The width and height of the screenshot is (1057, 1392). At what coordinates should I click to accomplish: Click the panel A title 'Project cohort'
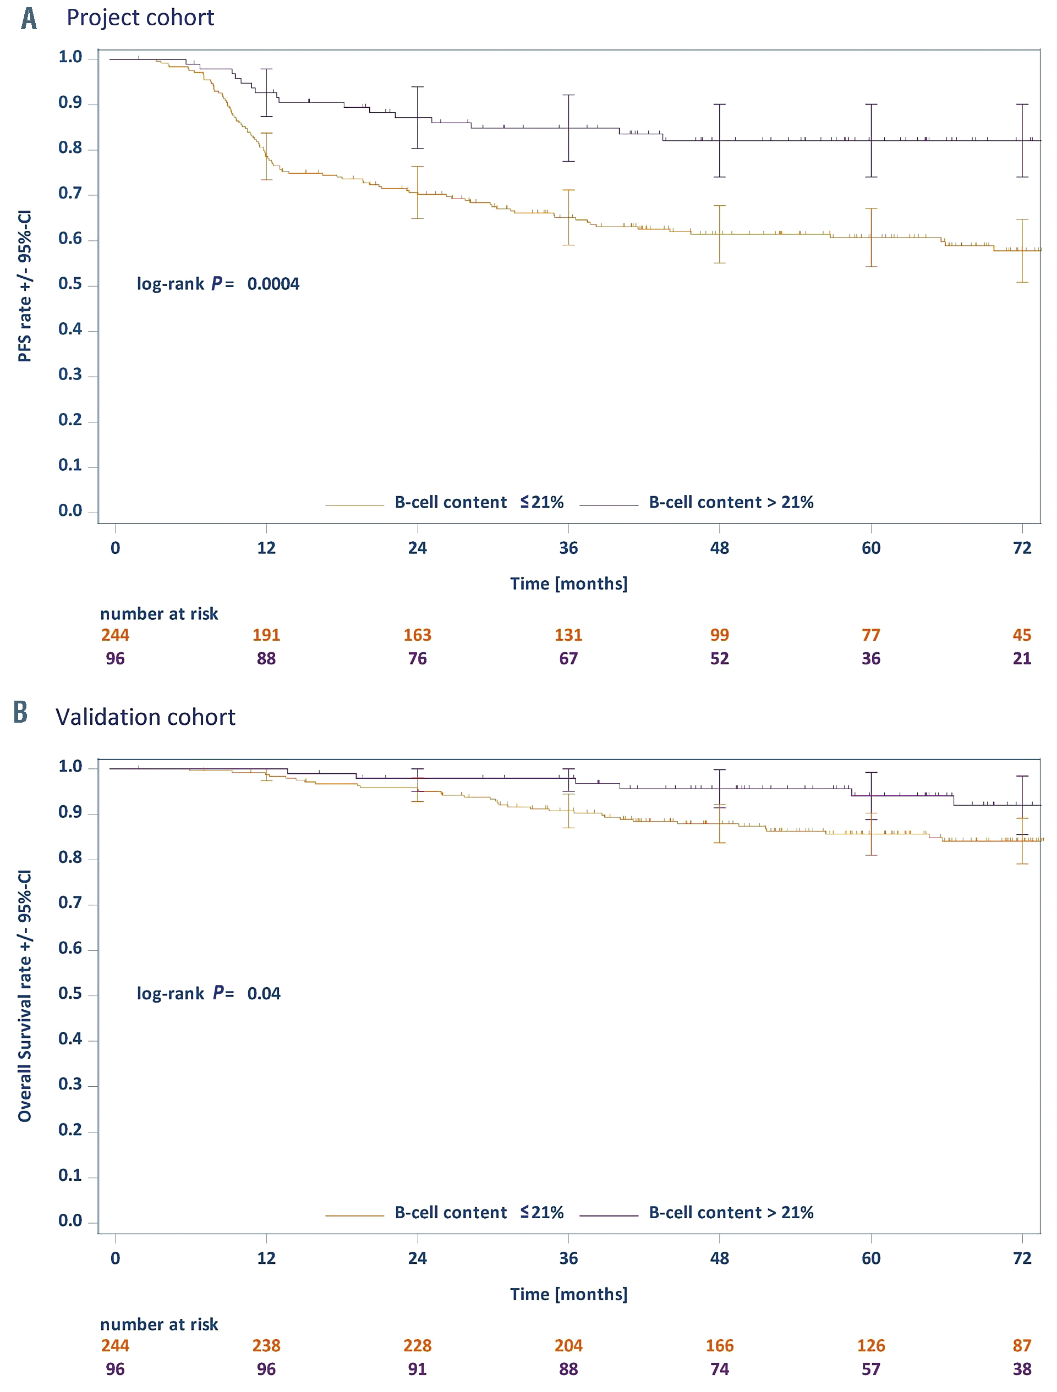(x=140, y=18)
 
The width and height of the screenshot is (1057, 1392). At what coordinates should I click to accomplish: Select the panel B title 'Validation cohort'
(x=145, y=717)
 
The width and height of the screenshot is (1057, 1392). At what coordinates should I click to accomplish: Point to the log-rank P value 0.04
(x=263, y=994)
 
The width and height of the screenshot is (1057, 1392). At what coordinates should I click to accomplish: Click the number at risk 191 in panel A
(x=266, y=635)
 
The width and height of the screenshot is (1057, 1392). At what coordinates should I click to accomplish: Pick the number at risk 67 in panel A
(x=568, y=659)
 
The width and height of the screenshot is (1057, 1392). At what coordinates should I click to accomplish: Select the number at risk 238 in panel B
(x=266, y=1345)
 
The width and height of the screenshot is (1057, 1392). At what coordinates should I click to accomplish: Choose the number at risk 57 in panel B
(x=870, y=1369)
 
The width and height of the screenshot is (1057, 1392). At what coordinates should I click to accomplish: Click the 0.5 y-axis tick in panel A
(x=70, y=284)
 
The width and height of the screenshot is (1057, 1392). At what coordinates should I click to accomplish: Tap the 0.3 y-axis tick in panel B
(x=70, y=1084)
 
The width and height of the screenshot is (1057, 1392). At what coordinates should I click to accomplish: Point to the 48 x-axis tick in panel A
(x=720, y=548)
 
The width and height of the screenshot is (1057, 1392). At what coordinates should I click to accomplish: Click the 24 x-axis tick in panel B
(x=418, y=1258)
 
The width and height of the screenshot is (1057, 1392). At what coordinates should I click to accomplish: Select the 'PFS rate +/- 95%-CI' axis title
(x=25, y=287)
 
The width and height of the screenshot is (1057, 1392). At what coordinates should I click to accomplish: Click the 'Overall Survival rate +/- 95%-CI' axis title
(x=25, y=995)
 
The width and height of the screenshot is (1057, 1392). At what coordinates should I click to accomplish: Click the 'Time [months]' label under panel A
(x=568, y=584)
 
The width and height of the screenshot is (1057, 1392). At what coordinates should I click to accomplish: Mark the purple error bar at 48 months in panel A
(x=720, y=140)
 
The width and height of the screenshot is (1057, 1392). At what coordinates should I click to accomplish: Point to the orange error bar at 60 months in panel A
(x=870, y=237)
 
